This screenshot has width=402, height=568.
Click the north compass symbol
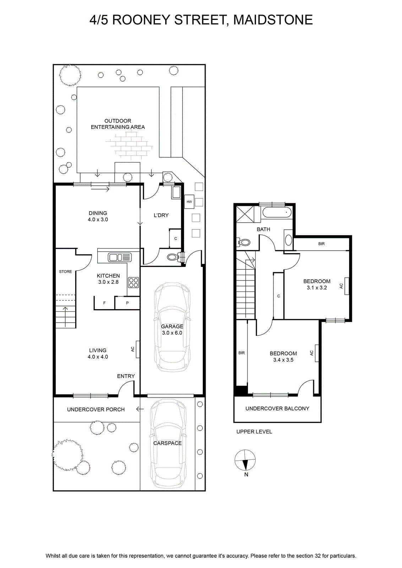(x=245, y=460)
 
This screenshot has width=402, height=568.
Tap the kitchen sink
(x=120, y=257)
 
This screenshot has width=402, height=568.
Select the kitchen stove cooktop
(x=134, y=283)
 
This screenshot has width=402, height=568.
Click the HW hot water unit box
(x=189, y=202)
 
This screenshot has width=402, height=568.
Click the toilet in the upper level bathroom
(x=243, y=242)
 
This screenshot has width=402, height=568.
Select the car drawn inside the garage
(x=172, y=327)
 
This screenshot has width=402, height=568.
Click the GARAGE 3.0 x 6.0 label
(x=172, y=330)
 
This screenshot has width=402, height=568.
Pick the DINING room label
(x=98, y=216)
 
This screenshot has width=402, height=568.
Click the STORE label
(x=65, y=272)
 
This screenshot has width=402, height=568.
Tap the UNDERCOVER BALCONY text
(x=277, y=409)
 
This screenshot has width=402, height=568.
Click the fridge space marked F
(x=104, y=303)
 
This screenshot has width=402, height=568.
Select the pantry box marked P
(x=127, y=303)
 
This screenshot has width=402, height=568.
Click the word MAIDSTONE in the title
(x=273, y=20)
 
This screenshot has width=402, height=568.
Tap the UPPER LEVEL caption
(x=254, y=432)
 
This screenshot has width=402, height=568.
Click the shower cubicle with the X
(x=245, y=214)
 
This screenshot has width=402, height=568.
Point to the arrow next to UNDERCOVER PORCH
(x=140, y=409)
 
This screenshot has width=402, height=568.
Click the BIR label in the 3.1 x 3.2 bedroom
(x=321, y=244)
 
